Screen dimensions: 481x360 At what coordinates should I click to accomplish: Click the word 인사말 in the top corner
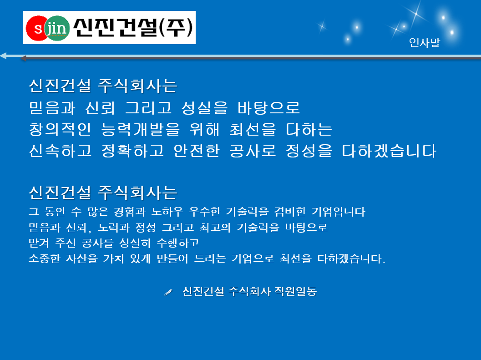click(424, 42)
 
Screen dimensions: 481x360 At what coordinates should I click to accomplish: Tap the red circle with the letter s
click(37, 28)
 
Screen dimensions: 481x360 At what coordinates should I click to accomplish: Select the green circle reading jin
click(57, 28)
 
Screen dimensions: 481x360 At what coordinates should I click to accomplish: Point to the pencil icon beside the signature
click(168, 292)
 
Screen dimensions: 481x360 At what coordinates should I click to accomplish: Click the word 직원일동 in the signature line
click(295, 291)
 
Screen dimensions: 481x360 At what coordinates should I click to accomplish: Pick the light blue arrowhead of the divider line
click(3, 56)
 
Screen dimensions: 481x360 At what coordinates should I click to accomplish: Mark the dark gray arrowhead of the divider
click(23, 58)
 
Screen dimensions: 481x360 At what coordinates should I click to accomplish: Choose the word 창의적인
click(60, 129)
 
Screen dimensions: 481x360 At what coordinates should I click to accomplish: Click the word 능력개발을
click(140, 129)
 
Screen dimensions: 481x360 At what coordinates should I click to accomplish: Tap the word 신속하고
click(60, 151)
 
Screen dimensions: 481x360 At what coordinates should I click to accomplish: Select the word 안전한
click(197, 151)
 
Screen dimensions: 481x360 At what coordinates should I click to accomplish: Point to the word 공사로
click(253, 151)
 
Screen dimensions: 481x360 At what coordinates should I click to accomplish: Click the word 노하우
click(167, 212)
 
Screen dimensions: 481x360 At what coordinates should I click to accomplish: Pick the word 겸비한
click(290, 212)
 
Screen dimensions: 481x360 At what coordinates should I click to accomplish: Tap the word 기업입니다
click(339, 212)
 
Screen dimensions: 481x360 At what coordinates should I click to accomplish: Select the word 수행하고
click(178, 243)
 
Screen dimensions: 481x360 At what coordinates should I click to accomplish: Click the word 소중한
click(45, 259)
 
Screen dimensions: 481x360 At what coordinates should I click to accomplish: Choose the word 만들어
click(172, 259)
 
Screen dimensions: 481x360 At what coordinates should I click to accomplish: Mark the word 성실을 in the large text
click(204, 108)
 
